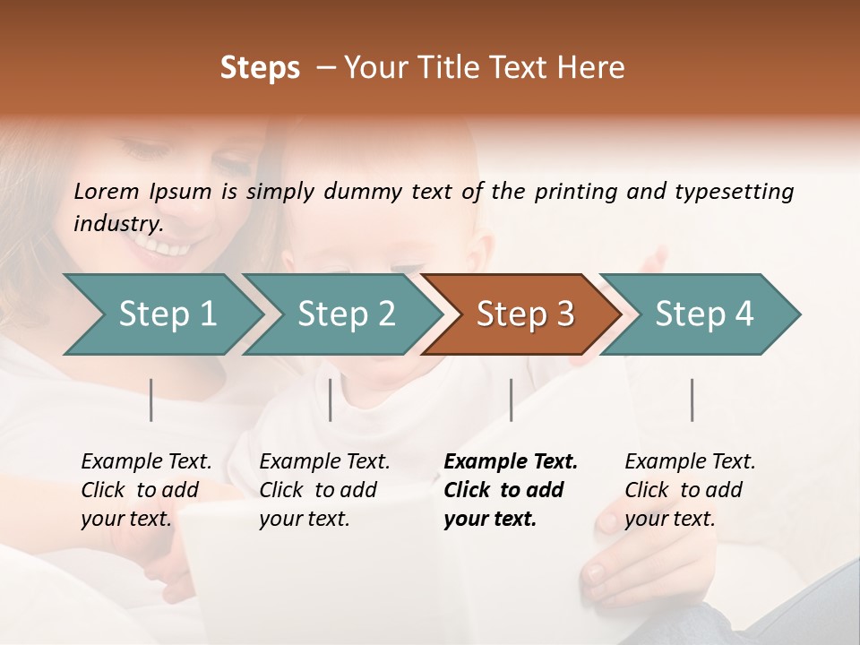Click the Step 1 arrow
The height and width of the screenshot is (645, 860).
[167, 314]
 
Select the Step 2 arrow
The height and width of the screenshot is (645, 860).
[346, 314]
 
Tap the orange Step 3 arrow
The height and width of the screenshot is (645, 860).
[525, 314]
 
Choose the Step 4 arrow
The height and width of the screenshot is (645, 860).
[704, 314]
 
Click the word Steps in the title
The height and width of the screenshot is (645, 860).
[260, 68]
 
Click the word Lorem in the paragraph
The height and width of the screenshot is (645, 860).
[107, 191]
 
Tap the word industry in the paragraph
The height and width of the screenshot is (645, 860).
[118, 223]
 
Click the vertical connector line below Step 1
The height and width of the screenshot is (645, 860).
[151, 400]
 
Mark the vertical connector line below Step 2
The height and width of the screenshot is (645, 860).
[331, 400]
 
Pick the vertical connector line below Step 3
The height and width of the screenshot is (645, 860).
[511, 400]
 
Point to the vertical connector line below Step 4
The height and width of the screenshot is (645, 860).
[692, 400]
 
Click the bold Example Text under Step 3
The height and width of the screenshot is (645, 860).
[511, 462]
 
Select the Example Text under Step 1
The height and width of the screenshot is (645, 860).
[146, 462]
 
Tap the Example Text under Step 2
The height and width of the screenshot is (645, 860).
[324, 462]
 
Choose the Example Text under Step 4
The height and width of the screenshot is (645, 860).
[690, 462]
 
